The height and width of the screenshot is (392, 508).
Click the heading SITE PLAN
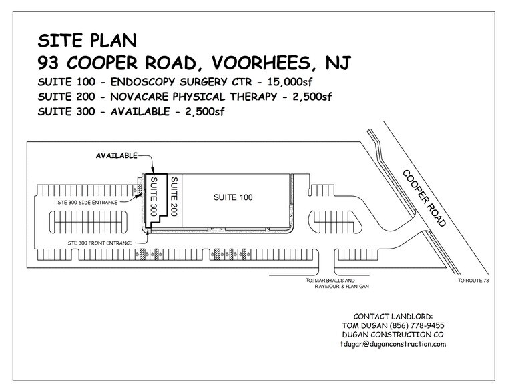[x=87, y=39]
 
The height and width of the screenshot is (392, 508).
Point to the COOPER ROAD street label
[x=424, y=198]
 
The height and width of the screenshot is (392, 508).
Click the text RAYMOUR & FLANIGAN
[x=342, y=287]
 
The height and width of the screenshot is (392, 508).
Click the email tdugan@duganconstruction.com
[x=393, y=344]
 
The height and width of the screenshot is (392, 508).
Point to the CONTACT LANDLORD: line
[x=393, y=315]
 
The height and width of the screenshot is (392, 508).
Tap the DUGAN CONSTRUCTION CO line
[x=393, y=335]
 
